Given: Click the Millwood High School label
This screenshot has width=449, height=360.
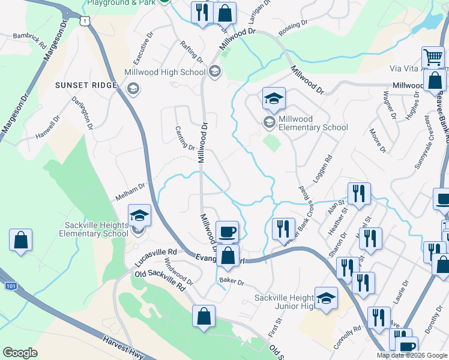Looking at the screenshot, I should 164,73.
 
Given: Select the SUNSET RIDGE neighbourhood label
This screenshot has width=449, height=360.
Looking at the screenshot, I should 86,85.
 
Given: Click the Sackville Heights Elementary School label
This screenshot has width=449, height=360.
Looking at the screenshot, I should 97,229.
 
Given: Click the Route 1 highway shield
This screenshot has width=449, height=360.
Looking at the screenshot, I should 88,21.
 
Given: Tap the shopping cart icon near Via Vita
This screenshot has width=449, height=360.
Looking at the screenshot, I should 433,58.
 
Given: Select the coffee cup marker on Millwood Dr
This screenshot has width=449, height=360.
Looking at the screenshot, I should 227,231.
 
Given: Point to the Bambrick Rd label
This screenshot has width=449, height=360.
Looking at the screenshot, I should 29,41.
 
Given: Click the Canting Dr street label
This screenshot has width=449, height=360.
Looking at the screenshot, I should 185,138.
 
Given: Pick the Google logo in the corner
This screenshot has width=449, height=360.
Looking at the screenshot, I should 20,353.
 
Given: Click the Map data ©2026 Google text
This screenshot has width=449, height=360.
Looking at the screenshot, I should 412,355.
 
